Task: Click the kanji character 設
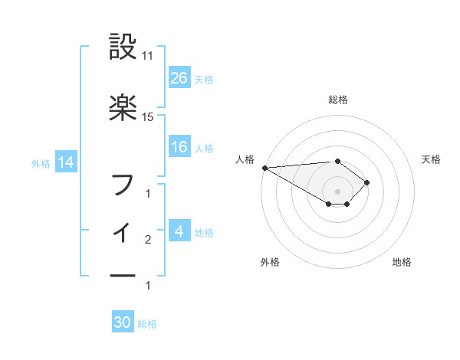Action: (x=123, y=47)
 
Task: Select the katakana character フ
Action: (x=123, y=185)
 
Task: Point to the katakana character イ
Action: (x=123, y=230)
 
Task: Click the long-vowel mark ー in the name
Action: (x=123, y=275)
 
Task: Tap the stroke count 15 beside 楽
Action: (x=148, y=117)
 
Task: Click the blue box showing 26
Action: (x=179, y=77)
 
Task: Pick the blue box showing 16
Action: (x=179, y=147)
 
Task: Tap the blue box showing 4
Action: (x=179, y=231)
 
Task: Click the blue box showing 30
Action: (x=123, y=322)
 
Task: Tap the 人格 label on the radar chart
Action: (x=245, y=159)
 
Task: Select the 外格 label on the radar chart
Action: (x=270, y=262)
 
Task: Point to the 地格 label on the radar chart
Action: (x=402, y=262)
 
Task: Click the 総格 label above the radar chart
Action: (x=338, y=100)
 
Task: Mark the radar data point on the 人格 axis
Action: (x=264, y=168)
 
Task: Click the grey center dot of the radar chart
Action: (x=337, y=191)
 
